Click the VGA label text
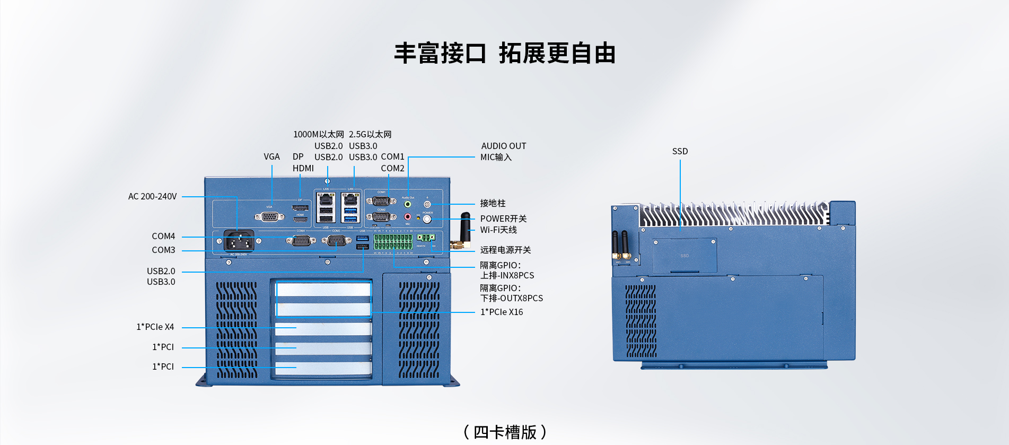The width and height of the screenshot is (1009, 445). [271, 157]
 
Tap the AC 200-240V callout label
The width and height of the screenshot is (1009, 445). [152, 197]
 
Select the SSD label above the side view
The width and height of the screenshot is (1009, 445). [680, 152]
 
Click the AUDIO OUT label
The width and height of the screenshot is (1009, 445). [503, 146]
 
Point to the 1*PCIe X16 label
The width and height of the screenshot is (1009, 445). [501, 312]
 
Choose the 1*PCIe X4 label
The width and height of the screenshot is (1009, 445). [155, 327]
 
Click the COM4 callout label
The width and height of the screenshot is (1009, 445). [163, 237]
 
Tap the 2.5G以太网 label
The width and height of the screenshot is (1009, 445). [370, 135]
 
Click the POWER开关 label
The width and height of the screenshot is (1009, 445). [503, 219]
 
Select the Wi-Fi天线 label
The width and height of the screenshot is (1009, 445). [498, 230]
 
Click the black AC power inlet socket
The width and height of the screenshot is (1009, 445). [239, 241]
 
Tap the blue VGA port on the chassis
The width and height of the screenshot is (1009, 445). [269, 216]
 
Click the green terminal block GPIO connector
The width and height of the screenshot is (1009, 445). [393, 242]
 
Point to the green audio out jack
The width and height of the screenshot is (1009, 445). [408, 204]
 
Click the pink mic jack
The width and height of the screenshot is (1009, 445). [408, 216]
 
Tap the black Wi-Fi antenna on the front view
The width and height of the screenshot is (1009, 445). [465, 228]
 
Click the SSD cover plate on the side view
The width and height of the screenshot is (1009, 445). [685, 256]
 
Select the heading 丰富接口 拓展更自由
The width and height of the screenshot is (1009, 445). [504, 54]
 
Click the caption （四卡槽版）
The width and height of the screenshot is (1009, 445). [504, 432]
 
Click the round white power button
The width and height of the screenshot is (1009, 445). [427, 219]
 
